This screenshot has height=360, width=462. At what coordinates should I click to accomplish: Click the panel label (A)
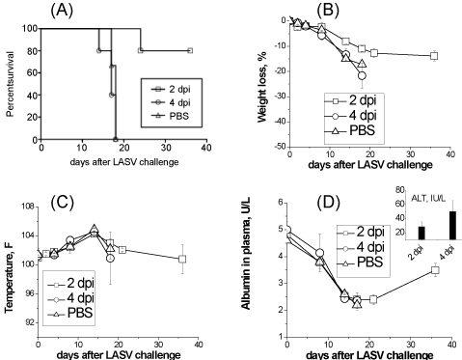point(62,11)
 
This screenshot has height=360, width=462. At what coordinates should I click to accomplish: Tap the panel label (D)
point(328,203)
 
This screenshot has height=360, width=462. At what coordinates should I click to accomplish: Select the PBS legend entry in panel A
point(171,116)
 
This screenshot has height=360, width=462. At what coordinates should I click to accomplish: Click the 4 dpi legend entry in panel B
point(350,115)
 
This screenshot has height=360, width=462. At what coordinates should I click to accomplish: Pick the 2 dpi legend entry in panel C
point(71,284)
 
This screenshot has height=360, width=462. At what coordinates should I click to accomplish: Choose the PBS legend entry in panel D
point(360,263)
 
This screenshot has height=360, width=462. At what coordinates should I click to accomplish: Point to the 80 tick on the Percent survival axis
point(30,51)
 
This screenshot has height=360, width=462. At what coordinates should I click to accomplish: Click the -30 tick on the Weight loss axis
point(280,97)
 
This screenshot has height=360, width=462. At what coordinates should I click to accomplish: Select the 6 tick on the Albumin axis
point(282,203)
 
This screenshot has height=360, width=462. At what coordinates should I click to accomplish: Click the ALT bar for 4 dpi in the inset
point(452,225)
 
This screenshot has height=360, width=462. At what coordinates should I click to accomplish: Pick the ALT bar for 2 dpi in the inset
point(421,233)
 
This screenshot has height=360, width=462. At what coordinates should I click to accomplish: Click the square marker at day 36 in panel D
point(435,270)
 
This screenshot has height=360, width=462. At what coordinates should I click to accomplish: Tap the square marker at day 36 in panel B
point(434,56)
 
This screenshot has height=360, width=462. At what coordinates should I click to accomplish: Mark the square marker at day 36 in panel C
point(182,259)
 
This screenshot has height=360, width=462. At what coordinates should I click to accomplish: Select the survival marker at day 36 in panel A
point(190,50)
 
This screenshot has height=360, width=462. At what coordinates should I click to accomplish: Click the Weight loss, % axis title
point(262,92)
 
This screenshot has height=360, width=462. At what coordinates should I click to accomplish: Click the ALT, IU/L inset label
point(429,199)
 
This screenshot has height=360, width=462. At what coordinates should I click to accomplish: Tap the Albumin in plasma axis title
point(246,253)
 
